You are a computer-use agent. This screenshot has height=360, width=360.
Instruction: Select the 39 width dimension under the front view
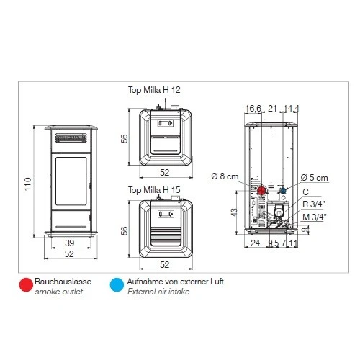pyautogui.click(x=68, y=243)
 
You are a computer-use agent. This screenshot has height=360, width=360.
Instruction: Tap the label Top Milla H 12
pyautogui.click(x=154, y=88)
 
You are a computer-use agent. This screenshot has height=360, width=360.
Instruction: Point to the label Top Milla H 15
pyautogui.click(x=154, y=189)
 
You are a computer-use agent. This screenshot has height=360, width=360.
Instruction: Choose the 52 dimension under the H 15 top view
pyautogui.click(x=165, y=265)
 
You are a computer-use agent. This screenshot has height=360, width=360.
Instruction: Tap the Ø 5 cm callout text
pyautogui.click(x=314, y=177)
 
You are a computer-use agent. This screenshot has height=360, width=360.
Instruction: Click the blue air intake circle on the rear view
pyautogui.click(x=283, y=191)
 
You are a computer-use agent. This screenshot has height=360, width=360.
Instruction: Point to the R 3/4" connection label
pyautogui.click(x=314, y=204)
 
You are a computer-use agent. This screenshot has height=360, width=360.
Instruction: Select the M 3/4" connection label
pyautogui.click(x=314, y=216)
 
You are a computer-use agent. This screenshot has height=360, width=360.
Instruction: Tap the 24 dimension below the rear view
pyautogui.click(x=255, y=243)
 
